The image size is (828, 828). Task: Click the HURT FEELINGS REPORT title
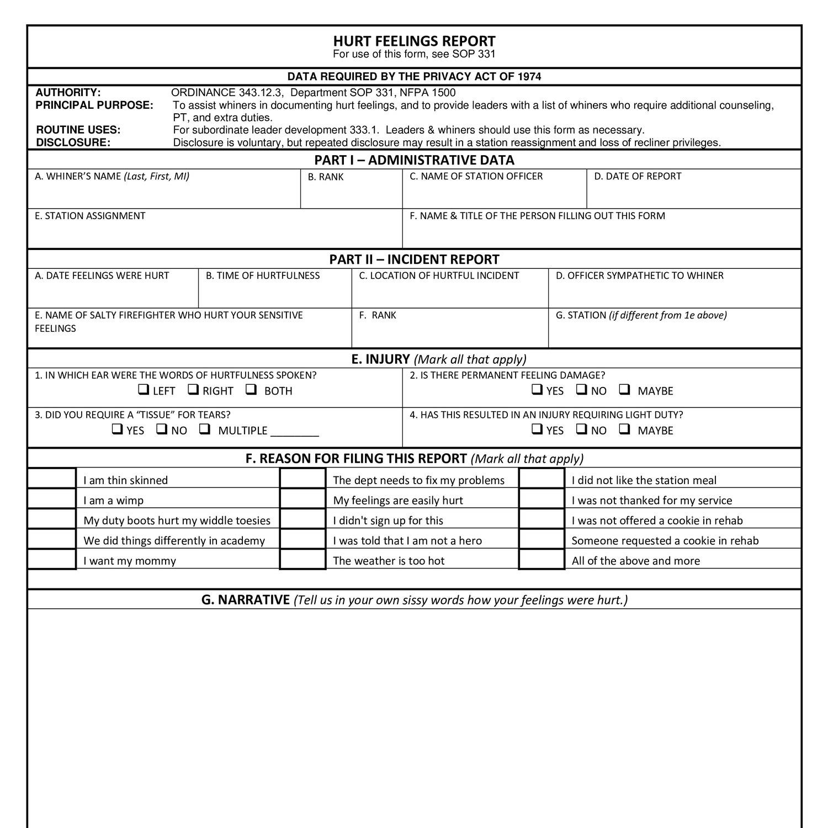pos(414,41)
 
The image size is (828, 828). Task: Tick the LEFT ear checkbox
pos(144,390)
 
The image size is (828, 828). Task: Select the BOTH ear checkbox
pos(251,390)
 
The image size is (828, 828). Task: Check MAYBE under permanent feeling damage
pos(625,390)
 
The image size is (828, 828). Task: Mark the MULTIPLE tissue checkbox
pos(205,429)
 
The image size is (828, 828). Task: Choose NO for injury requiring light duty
pos(581,429)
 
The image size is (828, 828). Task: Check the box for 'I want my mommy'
pos(52,560)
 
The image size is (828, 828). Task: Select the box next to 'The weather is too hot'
pos(302,560)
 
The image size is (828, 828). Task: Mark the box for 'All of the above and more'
pos(542,560)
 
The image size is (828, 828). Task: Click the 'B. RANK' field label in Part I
pos(326,177)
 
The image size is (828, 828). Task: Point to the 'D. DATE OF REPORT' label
pos(638,177)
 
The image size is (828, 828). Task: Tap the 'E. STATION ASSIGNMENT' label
pos(90,216)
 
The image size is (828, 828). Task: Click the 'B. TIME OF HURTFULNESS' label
pos(263,275)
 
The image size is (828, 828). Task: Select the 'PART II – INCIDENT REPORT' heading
pos(414,259)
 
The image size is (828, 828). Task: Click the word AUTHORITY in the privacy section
pos(68,93)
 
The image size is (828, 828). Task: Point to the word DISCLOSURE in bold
pos(73,142)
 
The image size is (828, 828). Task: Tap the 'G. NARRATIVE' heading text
pos(246,600)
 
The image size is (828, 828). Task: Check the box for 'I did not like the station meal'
pos(542,479)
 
